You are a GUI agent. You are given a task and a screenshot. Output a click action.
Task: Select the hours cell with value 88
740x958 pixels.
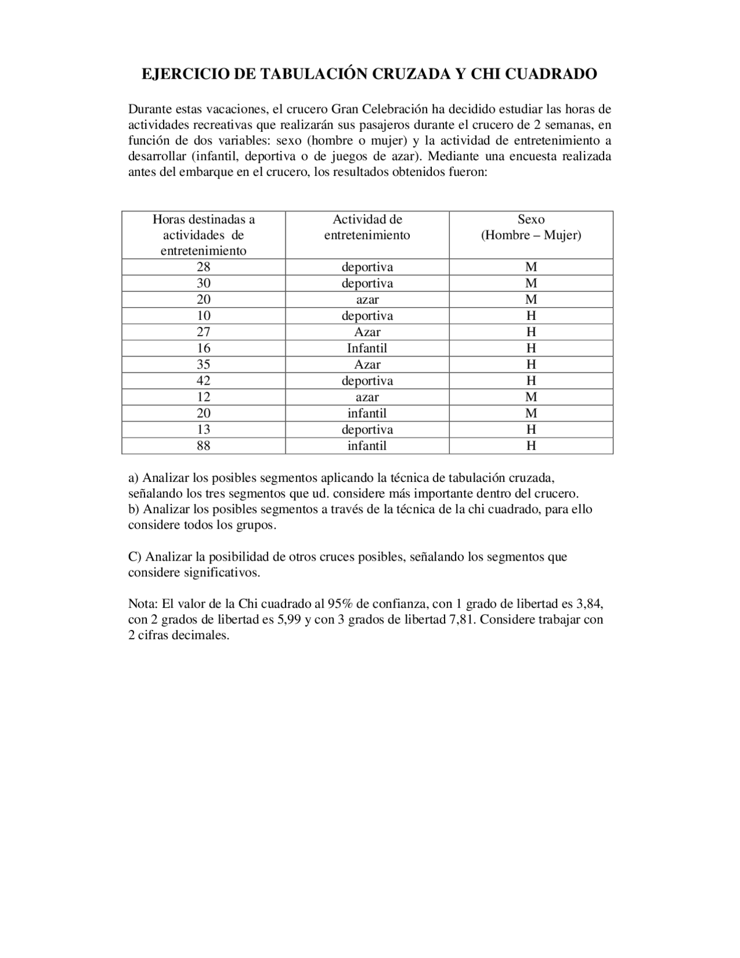[x=203, y=446]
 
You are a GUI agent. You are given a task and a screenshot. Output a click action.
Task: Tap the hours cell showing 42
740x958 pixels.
[x=203, y=381]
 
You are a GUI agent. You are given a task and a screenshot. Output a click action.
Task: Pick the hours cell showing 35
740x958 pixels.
[x=203, y=364]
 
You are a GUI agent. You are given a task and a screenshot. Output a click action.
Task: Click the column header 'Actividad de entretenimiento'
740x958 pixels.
[x=367, y=227]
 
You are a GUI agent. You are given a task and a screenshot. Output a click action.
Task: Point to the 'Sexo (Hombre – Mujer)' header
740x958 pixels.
[x=531, y=227]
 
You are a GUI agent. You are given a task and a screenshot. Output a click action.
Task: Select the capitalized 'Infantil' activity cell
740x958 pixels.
[x=367, y=348]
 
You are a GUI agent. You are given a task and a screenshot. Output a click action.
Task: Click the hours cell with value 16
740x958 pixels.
[x=203, y=348]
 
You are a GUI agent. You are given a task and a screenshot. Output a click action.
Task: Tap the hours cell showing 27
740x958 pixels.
[x=203, y=332]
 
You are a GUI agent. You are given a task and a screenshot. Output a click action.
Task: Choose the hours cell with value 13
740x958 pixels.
[x=203, y=430]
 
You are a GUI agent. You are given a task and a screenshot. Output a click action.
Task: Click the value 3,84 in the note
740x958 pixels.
[x=590, y=604]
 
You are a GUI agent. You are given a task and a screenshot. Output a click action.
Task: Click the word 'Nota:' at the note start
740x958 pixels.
[x=143, y=604]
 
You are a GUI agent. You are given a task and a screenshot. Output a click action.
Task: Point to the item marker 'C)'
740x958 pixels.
[x=135, y=557]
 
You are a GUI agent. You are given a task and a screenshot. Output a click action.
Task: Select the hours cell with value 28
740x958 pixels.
[x=203, y=267]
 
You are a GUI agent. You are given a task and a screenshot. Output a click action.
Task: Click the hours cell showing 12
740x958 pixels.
[x=203, y=397]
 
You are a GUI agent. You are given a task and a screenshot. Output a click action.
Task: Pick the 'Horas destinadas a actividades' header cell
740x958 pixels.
[x=203, y=235]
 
